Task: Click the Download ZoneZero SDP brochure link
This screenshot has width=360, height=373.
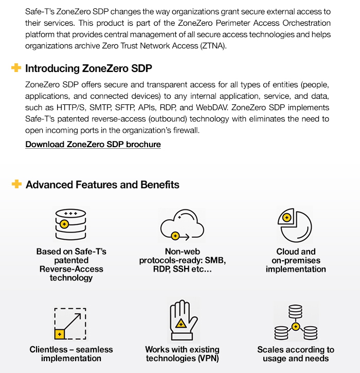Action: pos(93,145)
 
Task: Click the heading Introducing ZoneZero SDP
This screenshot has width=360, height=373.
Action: pos(88,68)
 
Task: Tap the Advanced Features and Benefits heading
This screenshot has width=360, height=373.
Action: pos(102,184)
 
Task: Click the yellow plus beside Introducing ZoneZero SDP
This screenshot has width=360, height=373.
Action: pos(16,68)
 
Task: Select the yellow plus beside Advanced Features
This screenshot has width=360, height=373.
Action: pos(16,184)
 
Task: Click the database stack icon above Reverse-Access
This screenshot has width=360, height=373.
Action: pos(71,224)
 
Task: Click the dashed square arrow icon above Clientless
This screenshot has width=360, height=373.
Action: pos(71,323)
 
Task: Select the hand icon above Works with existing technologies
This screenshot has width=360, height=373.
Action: pos(182,322)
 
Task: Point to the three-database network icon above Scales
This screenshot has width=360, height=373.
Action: pos(295,323)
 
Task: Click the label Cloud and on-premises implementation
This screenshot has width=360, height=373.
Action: pos(296,260)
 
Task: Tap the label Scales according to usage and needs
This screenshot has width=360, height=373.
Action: pos(296,354)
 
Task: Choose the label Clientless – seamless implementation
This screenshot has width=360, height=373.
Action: pos(71,354)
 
